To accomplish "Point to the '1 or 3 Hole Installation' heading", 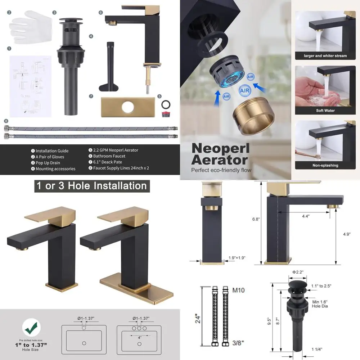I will coord(91,186).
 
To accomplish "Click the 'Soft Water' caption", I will coord(325,111).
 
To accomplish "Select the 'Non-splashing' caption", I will coord(325,165).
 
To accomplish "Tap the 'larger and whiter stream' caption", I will coord(325,56).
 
